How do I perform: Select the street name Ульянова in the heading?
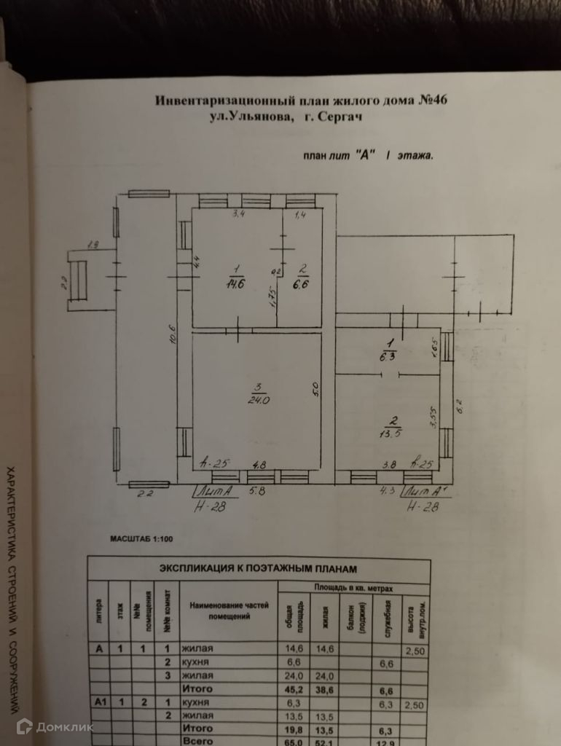(251, 115)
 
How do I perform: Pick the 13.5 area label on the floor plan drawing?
(394, 431)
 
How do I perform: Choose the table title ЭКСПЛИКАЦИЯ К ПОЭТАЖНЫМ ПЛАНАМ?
(258, 568)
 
